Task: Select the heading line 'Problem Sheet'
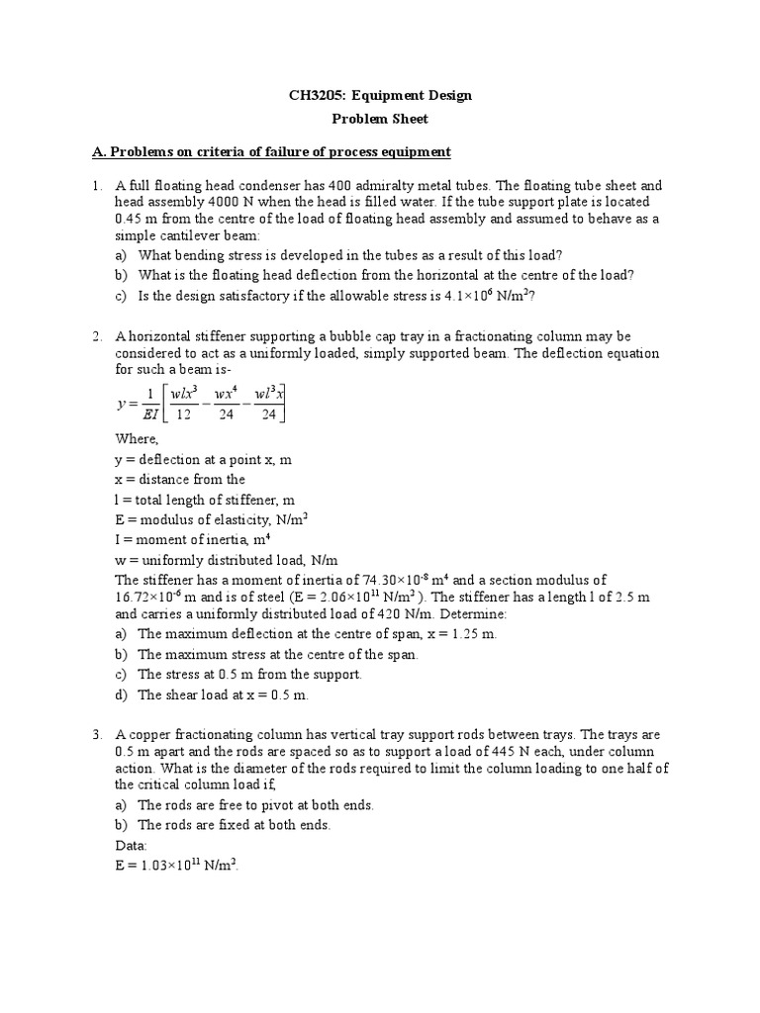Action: [x=380, y=118]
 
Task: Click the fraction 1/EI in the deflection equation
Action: [x=150, y=406]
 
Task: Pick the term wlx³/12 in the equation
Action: [x=185, y=406]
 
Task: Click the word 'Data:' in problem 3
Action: [x=132, y=846]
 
